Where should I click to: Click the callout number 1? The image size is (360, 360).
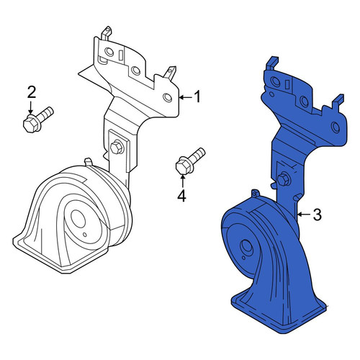[197, 97]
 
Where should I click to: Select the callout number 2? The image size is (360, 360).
[32, 92]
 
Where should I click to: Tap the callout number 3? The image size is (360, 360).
[318, 215]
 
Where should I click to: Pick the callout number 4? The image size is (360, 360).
[182, 195]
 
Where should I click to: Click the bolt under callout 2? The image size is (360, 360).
[38, 120]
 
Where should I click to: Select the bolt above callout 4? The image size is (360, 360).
[190, 161]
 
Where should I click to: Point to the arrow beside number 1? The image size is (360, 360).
[186, 97]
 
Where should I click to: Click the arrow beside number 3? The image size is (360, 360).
[304, 215]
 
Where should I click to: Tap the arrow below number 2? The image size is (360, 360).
[30, 107]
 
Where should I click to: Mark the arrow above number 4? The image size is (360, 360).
[182, 181]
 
